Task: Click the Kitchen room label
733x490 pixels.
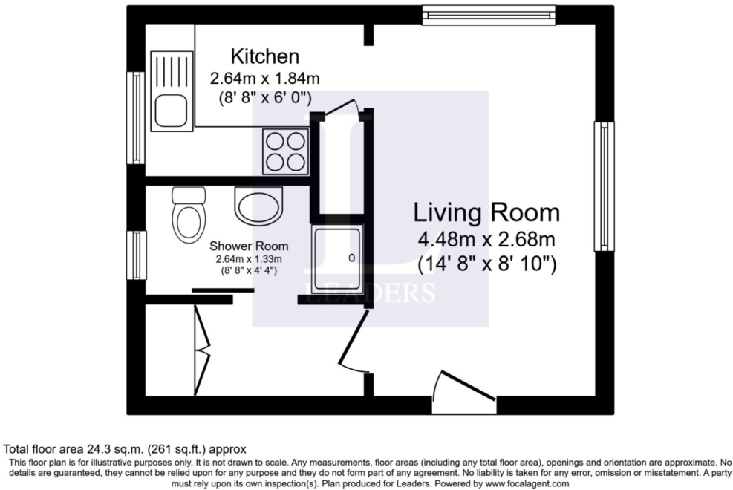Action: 264,56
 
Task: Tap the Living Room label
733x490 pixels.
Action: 486,213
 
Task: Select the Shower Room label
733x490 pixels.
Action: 248,246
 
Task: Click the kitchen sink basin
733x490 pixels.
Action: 171,111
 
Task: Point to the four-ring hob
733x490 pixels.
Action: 284,151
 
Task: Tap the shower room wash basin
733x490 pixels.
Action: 258,204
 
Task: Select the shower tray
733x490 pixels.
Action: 337,258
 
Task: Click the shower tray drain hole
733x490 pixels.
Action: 352,258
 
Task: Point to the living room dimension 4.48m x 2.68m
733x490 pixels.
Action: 486,241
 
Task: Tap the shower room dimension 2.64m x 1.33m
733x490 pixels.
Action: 248,259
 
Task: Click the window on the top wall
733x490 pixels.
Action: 488,15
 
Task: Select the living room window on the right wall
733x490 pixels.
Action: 603,186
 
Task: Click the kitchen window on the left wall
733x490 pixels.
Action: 136,117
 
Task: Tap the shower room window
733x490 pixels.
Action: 136,255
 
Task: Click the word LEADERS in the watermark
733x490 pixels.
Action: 370,293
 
